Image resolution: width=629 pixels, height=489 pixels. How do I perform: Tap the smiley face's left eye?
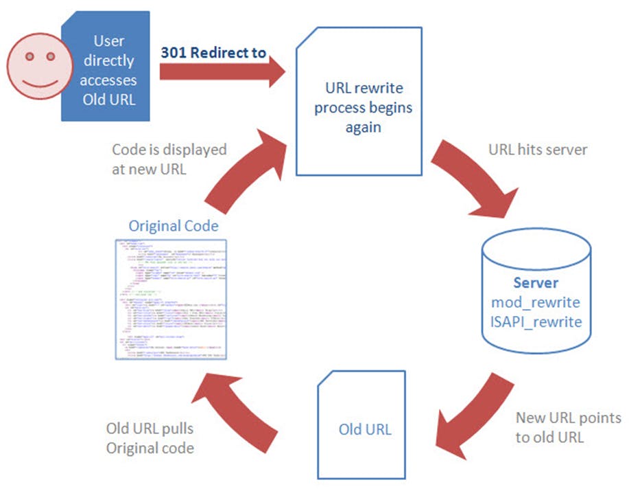coord(30,56)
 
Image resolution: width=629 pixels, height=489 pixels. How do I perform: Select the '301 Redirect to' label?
coord(213,53)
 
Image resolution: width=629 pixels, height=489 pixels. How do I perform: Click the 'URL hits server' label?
coord(537,149)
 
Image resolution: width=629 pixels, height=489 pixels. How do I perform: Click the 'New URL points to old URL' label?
coord(569,427)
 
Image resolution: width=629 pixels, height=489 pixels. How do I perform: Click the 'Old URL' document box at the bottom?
coord(365,429)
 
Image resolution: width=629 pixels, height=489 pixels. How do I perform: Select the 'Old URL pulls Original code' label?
coord(150,438)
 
